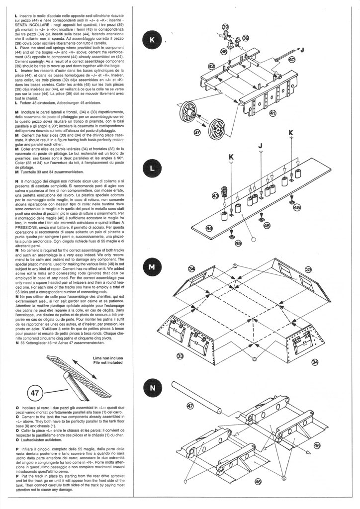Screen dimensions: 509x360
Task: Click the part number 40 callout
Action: tap(291, 60)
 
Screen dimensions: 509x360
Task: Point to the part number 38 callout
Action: tap(223, 51)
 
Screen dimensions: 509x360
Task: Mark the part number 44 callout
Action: tap(209, 228)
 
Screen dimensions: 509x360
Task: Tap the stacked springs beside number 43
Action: tap(224, 191)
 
